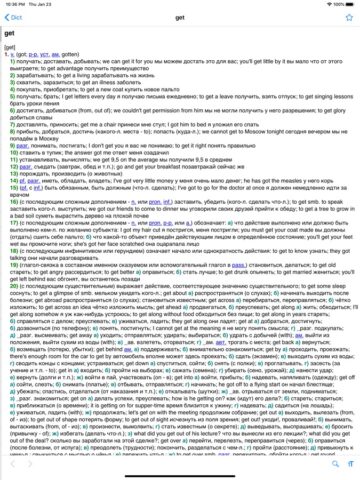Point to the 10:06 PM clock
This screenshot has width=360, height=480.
17,6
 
